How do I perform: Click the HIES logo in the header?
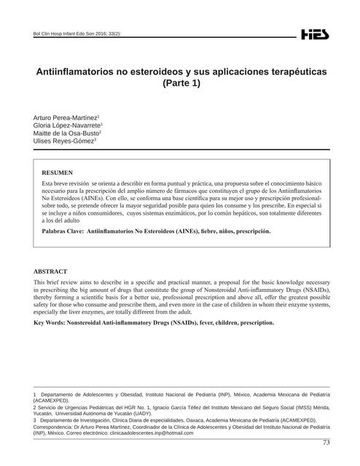pyautogui.click(x=315, y=34)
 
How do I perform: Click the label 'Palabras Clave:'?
pyautogui.click(x=63, y=231)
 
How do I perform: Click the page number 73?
pyautogui.click(x=326, y=443)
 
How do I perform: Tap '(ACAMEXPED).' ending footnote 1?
pyautogui.click(x=52, y=400)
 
